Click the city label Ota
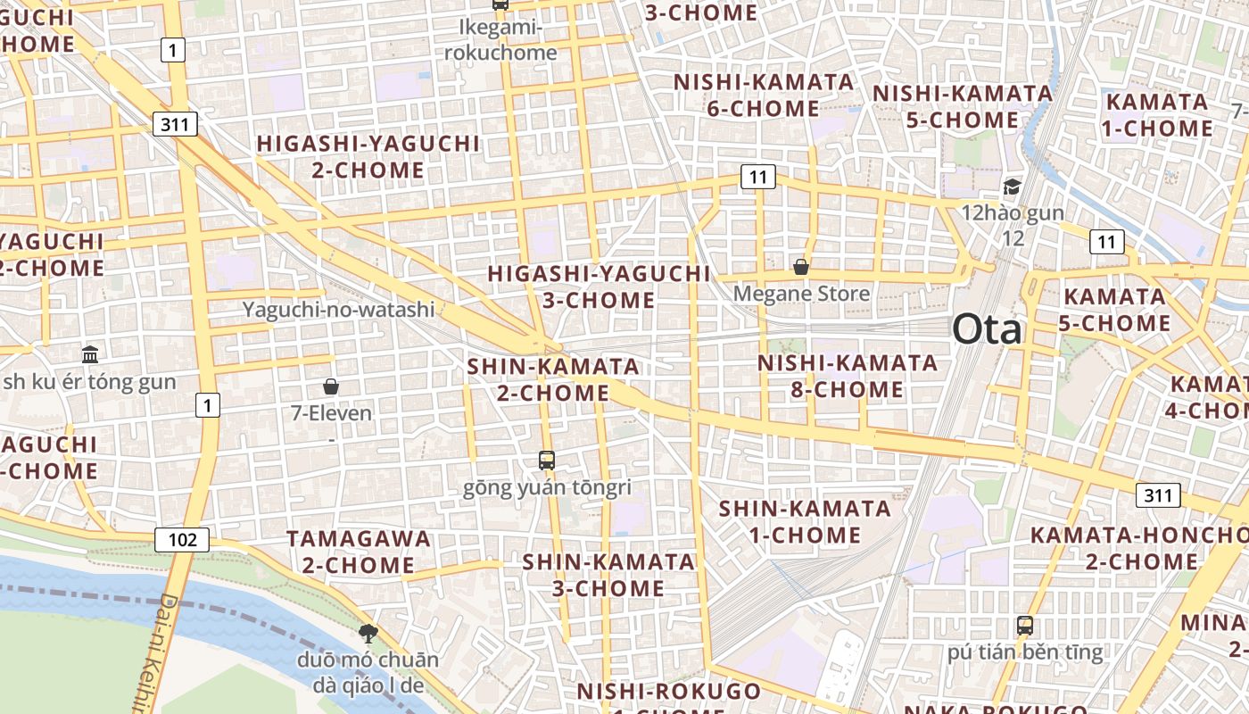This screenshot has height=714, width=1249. (987, 329)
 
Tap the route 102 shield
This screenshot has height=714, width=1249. (182, 539)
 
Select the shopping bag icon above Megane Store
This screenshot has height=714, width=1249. (801, 267)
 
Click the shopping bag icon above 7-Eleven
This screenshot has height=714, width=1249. (331, 386)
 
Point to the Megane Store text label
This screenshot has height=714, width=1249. (801, 294)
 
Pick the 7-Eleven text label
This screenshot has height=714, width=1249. (331, 413)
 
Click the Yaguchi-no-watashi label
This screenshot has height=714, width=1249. (339, 310)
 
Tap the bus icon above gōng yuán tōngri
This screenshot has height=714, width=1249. (547, 461)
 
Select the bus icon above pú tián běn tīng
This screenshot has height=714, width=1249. (1025, 625)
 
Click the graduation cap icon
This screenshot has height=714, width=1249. (1012, 187)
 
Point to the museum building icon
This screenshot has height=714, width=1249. (90, 354)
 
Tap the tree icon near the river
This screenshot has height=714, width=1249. (368, 634)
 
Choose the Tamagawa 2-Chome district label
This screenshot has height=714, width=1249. (358, 552)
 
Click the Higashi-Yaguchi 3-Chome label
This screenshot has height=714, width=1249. (599, 286)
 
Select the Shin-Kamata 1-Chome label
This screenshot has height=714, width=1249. (805, 522)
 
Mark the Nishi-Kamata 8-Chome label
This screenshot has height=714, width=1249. (848, 377)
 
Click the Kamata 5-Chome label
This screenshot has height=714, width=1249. (1114, 310)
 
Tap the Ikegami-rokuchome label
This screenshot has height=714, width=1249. (500, 40)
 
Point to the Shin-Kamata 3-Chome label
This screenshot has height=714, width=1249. (608, 575)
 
